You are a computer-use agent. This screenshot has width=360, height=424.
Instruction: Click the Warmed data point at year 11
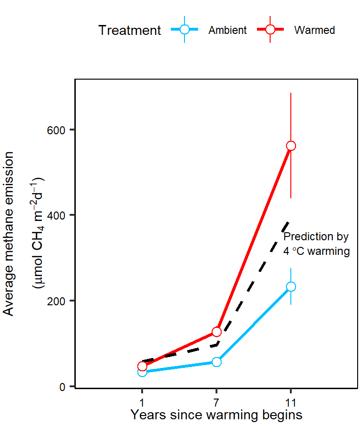(291, 146)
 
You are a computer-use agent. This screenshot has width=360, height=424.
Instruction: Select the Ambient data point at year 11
(291, 286)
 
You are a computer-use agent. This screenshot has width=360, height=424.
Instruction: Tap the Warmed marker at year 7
(216, 332)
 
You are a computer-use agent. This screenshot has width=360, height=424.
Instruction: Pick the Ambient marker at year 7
(216, 362)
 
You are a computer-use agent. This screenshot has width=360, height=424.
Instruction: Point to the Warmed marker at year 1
(142, 366)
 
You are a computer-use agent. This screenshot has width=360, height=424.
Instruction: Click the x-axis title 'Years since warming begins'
(216, 415)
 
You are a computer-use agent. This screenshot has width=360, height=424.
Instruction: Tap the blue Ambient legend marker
(184, 30)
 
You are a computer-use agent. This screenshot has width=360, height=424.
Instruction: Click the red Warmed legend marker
(270, 30)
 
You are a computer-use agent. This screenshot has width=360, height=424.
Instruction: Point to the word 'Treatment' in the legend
(129, 30)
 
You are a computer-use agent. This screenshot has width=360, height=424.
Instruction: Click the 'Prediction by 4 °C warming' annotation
(316, 244)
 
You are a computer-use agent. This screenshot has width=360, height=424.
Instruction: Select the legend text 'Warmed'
(314, 30)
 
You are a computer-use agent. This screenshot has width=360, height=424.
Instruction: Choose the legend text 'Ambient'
(227, 30)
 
